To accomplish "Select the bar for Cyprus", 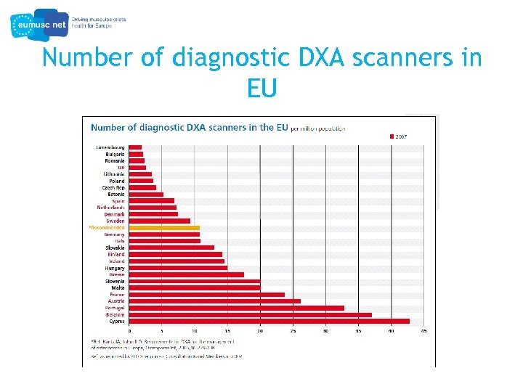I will click(269, 321).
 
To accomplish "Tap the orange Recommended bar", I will click(164, 228).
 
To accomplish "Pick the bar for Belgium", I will click(250, 314).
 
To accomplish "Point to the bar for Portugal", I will click(236, 308).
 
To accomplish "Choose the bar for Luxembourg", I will click(135, 147).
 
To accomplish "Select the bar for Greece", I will click(186, 274).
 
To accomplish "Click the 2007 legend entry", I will click(401, 136).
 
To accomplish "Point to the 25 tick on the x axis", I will click(293, 331).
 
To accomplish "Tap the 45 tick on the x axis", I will click(423, 331).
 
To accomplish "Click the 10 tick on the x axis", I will click(195, 331).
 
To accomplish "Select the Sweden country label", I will click(115, 221).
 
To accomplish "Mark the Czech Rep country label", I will click(113, 187).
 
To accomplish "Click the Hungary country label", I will click(115, 268).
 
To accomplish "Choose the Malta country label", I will click(118, 287).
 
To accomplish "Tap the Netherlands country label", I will click(111, 208).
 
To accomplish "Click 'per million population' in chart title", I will click(317, 128).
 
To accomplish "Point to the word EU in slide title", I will click(261, 89).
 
